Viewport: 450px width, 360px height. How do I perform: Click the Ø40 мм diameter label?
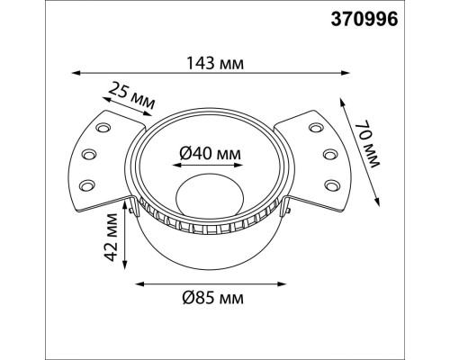pyautogui.click(x=209, y=155)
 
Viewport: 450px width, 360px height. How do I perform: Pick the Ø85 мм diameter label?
pyautogui.click(x=212, y=296)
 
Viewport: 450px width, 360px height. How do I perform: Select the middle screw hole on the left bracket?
pyautogui.click(x=89, y=155)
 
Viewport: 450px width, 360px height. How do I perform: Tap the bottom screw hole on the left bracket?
pyautogui.click(x=88, y=184)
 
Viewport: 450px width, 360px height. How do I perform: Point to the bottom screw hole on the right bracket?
pyautogui.click(x=329, y=184)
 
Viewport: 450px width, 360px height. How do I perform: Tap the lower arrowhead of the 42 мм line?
pyautogui.click(x=128, y=267)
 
